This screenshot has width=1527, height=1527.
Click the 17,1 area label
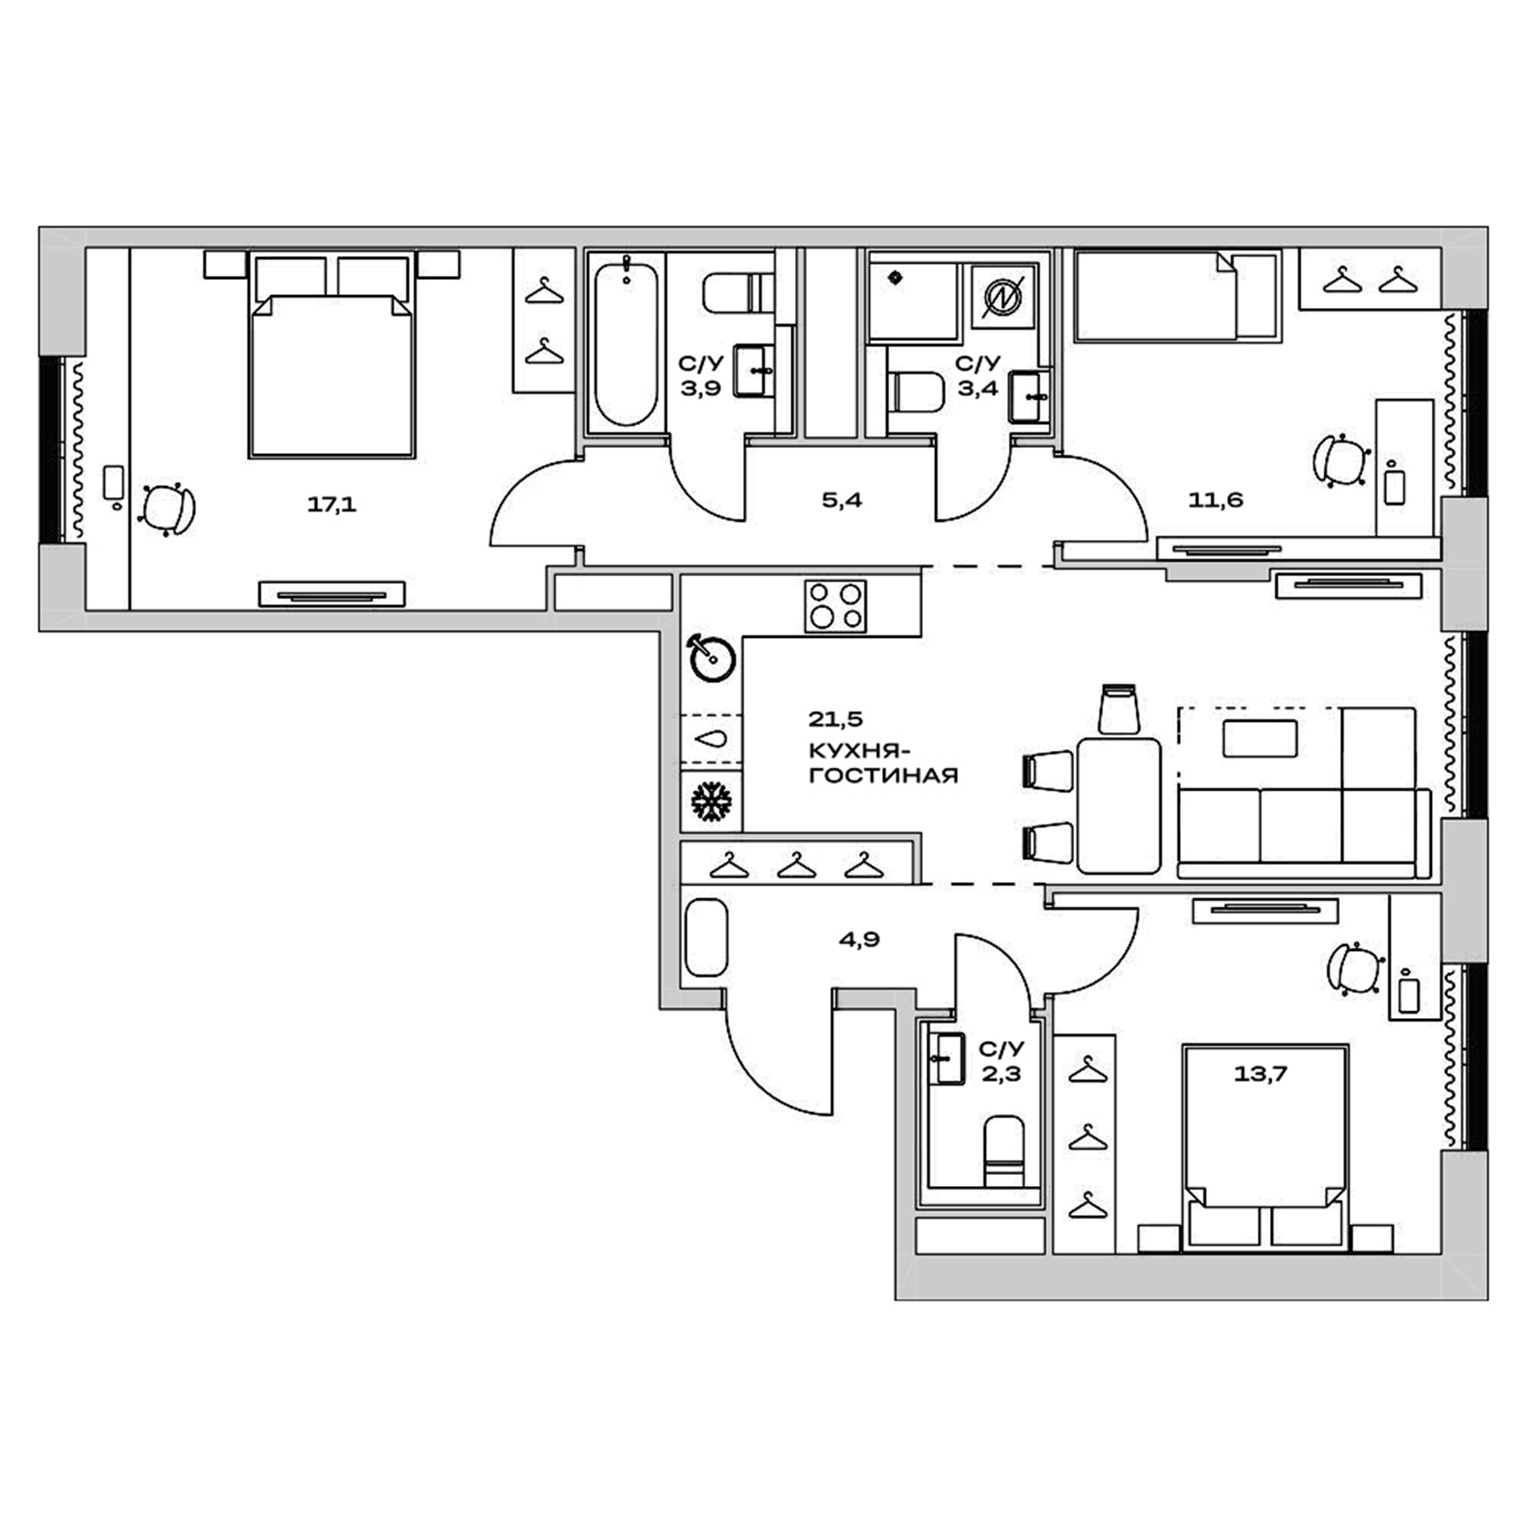tap(332, 506)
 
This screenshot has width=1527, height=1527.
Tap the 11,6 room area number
tap(1216, 501)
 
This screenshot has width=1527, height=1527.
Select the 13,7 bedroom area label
tap(1260, 1074)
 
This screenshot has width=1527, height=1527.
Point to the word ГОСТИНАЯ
tap(883, 775)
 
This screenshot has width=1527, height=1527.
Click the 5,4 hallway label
tap(842, 501)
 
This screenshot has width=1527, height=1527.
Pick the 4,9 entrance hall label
tap(859, 939)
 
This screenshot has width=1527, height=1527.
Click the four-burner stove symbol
tap(836, 606)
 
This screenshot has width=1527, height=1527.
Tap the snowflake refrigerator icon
tap(711, 802)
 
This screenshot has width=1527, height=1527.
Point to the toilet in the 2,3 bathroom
tap(1004, 1150)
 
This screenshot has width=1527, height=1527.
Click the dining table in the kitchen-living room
tap(1118, 805)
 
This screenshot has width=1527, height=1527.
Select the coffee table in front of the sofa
tap(1259, 738)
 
